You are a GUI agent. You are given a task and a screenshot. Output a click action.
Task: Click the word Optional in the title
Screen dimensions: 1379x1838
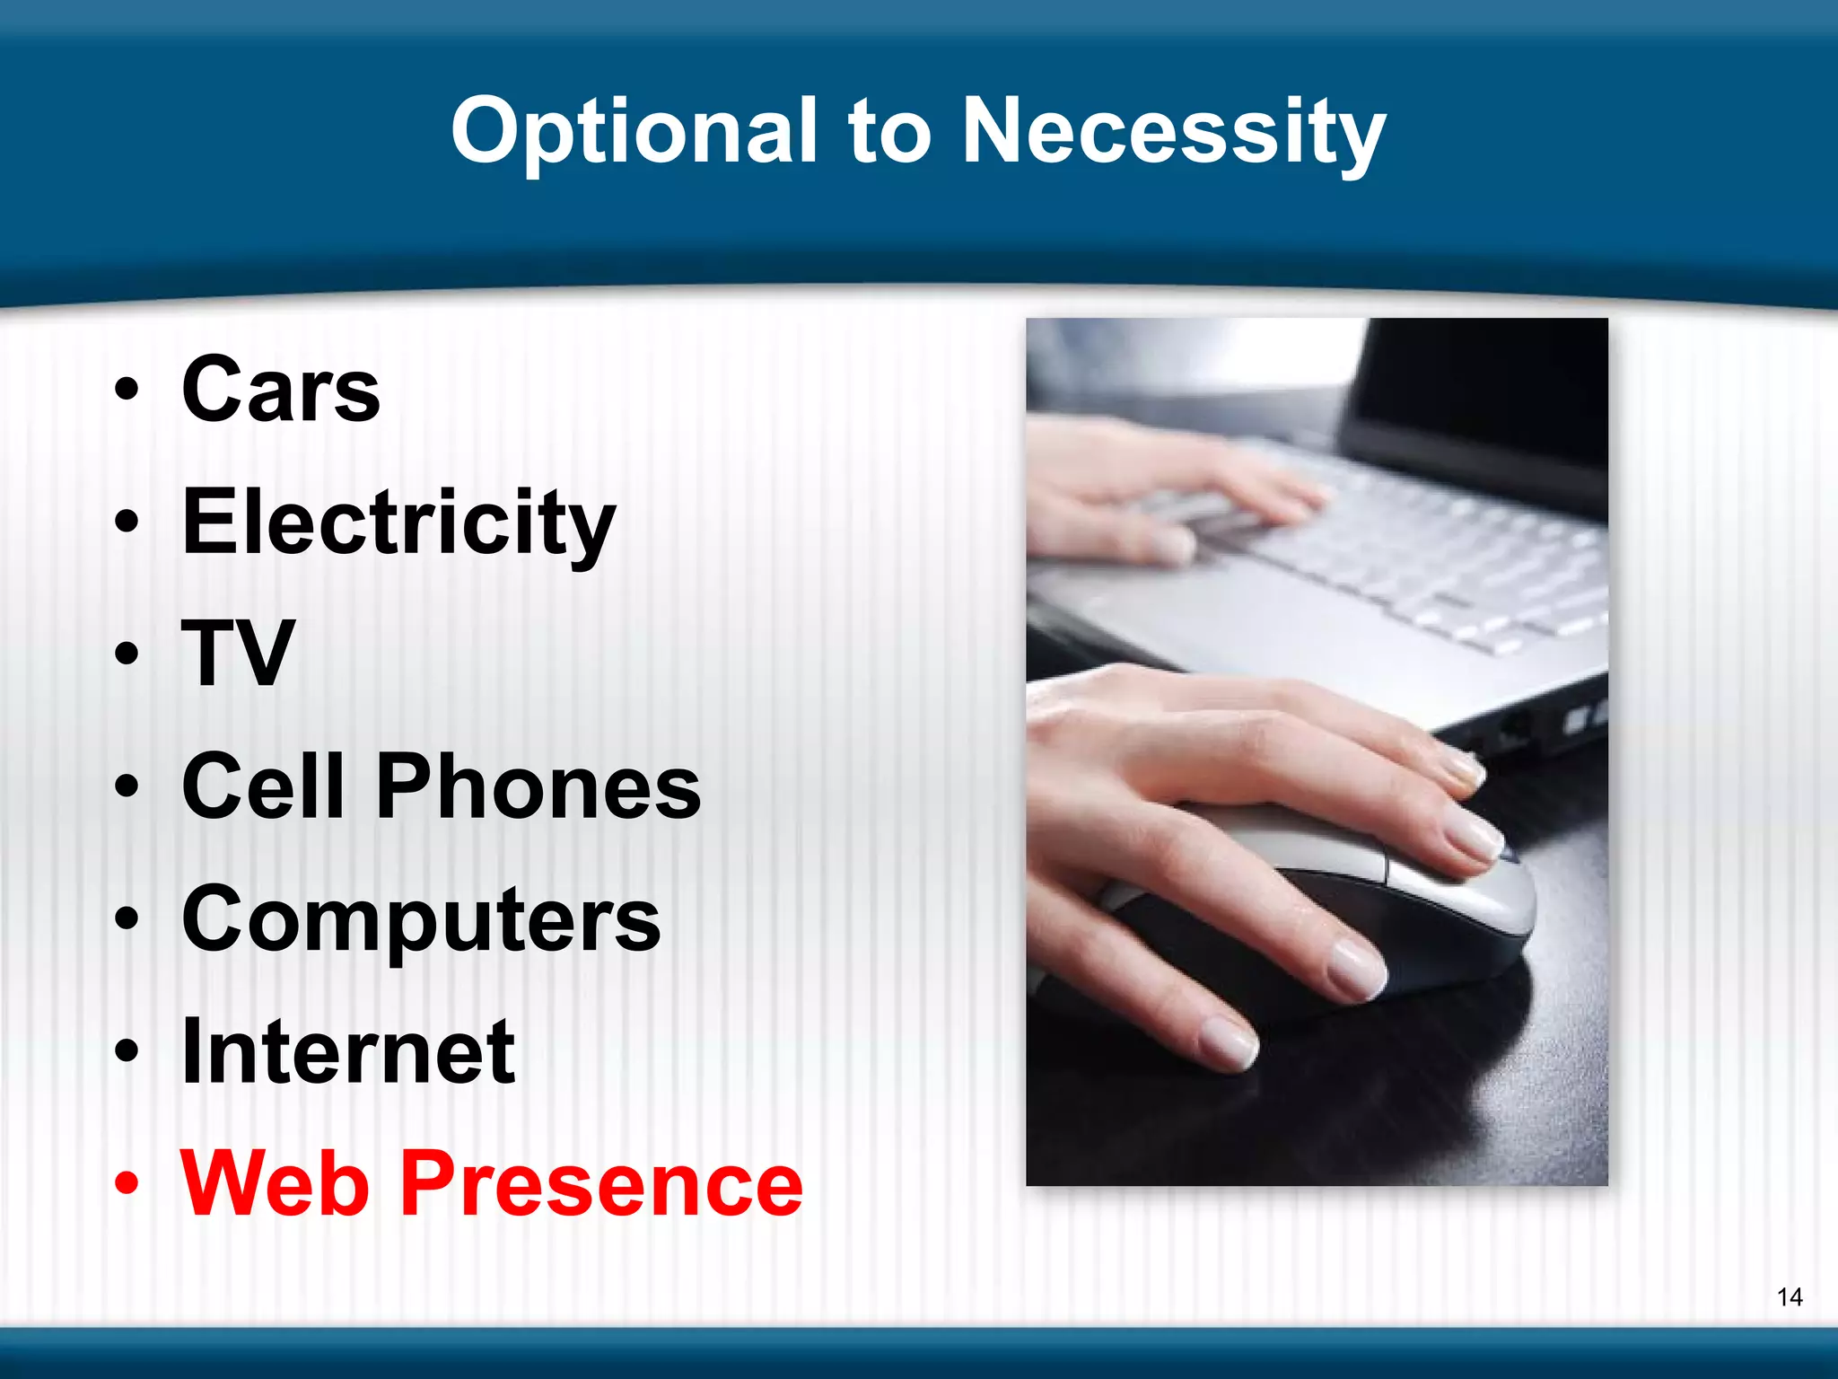point(634,133)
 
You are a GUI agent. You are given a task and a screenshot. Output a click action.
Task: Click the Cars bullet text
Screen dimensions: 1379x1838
point(281,390)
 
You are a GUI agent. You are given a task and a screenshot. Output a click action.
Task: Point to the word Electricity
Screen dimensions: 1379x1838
point(398,523)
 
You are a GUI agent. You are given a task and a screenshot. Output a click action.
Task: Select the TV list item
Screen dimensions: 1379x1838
point(238,654)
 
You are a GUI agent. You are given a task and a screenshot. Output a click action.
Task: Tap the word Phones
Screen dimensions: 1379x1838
point(538,786)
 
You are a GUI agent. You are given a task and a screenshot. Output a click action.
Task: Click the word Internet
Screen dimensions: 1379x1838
point(348,1051)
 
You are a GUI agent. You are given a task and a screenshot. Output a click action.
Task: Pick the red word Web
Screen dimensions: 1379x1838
point(275,1183)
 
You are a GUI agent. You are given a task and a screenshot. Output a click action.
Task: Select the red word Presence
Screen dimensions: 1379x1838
point(600,1183)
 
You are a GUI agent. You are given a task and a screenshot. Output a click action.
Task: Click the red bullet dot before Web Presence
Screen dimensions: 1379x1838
point(127,1183)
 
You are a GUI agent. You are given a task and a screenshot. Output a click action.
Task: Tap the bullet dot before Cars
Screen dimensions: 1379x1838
point(127,390)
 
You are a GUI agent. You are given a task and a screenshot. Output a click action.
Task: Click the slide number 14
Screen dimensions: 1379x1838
point(1789,1296)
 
